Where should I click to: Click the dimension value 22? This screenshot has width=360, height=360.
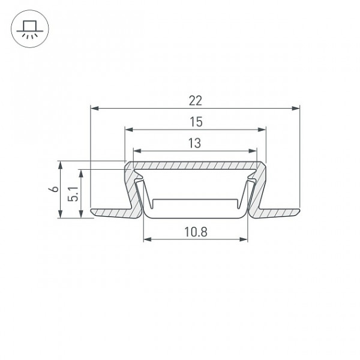tap(196, 101)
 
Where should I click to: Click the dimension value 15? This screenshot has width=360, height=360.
tap(196, 122)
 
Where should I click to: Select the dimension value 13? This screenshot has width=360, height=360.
tap(194, 143)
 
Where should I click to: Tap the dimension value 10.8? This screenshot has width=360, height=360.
tap(196, 232)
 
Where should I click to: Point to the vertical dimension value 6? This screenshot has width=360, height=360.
tap(54, 189)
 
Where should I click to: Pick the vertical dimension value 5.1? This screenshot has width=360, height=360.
tap(73, 194)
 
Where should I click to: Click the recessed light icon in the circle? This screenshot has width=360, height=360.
tap(30, 29)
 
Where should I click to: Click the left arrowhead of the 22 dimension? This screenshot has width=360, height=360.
tap(95, 108)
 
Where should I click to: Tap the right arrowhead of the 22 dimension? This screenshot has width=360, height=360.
tap(296, 108)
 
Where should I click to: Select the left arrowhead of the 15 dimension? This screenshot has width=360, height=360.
tap(129, 130)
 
